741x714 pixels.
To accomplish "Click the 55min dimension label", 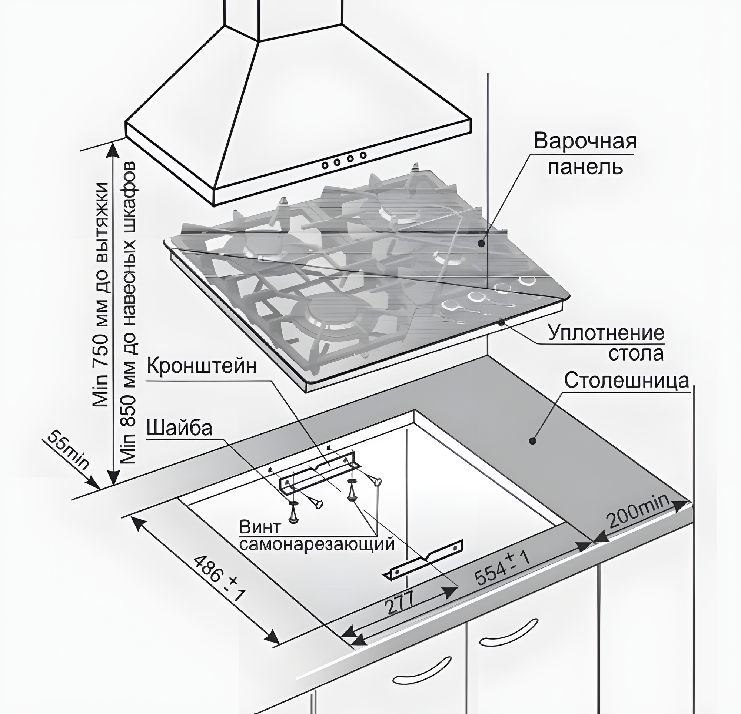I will coord(69,451).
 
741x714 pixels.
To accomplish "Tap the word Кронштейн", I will coord(202,366).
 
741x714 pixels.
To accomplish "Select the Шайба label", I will coord(179,429).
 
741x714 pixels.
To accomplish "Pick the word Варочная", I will coord(585,142).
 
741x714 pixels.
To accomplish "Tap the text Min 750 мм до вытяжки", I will coord(101,295).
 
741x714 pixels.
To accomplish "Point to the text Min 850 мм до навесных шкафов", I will coord(129,314).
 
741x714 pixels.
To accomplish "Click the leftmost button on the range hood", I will coord(325,165).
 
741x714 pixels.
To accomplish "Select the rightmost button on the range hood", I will coord(363,155).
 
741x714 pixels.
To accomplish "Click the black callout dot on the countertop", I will coord(534,440).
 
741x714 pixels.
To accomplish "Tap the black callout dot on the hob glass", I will coord(481,244).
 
